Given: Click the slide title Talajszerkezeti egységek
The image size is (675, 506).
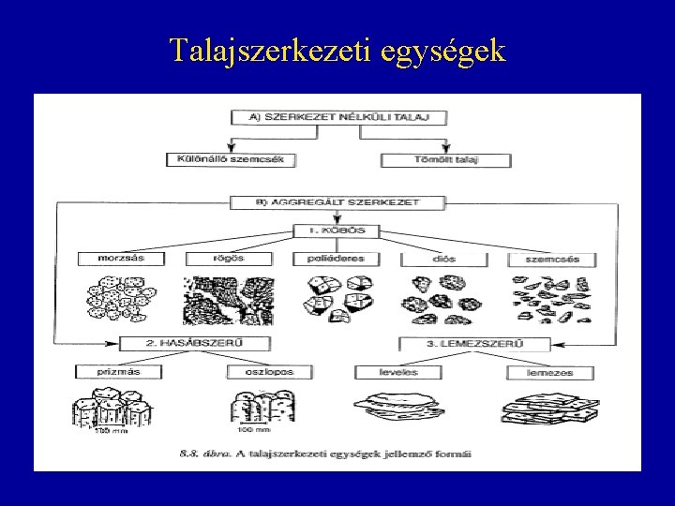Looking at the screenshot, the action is tap(337, 49).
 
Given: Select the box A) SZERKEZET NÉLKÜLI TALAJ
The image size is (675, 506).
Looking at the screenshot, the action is tap(337, 117).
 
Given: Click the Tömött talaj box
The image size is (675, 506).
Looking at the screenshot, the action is tap(445, 159).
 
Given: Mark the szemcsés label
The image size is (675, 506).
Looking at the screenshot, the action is tap(546, 259).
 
